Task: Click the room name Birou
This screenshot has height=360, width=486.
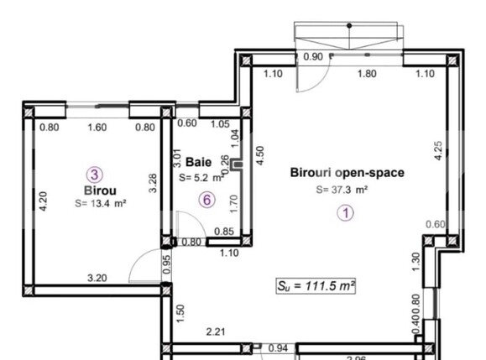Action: (94, 190)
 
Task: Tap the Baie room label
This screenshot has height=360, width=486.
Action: (198, 161)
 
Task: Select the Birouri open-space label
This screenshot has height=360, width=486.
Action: (347, 173)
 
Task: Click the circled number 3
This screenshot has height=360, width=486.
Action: (95, 175)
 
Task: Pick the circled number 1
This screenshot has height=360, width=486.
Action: (346, 213)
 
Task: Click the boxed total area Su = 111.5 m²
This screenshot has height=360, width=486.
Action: (316, 285)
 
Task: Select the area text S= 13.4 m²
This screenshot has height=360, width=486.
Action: (100, 203)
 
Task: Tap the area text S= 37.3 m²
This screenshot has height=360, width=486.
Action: (343, 190)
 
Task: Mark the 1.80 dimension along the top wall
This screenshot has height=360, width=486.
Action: (367, 75)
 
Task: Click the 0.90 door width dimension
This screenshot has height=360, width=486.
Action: (312, 57)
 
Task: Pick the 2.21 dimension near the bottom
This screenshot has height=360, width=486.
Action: (217, 332)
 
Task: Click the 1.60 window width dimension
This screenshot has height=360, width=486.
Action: (97, 128)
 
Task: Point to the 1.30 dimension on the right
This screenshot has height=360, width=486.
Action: (415, 261)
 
